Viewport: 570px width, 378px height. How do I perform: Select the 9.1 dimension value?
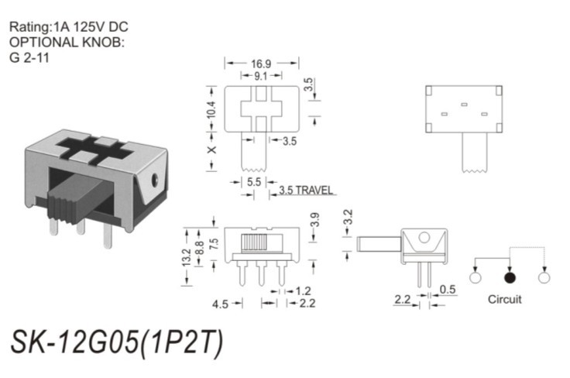pos(261,75)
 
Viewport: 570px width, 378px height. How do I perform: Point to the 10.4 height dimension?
pos(210,113)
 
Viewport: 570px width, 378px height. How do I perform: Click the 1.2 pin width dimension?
pos(304,290)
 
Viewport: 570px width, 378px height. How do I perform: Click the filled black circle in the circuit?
pos(510,277)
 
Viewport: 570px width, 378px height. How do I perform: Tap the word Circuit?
pos(504,299)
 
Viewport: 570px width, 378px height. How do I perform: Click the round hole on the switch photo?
pos(156,180)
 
